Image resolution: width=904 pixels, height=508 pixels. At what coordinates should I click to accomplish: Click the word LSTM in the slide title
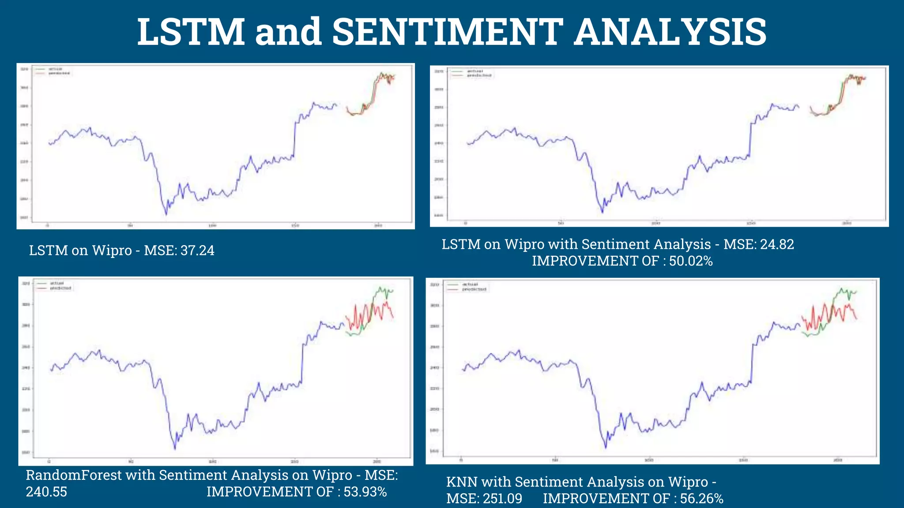click(x=191, y=32)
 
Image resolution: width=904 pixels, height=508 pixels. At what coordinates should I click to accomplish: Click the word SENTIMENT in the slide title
click(x=447, y=32)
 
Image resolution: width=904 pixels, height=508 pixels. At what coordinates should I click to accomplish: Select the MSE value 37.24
click(x=197, y=250)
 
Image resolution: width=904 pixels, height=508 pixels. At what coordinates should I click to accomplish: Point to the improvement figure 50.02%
click(x=691, y=261)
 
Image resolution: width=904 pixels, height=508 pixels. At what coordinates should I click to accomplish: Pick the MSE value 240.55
click(x=46, y=492)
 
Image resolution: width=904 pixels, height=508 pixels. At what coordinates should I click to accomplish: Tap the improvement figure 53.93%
click(x=365, y=492)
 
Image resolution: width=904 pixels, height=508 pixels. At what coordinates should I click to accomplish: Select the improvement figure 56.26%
click(x=701, y=499)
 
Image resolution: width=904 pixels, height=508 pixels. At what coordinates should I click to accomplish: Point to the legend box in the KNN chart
click(x=467, y=287)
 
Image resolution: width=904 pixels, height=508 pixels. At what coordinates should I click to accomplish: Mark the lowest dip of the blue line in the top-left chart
click(x=166, y=215)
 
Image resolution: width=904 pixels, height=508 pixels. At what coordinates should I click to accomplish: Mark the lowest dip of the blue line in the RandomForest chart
click(x=175, y=449)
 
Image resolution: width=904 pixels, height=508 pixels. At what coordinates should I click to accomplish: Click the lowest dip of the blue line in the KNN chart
click(x=606, y=448)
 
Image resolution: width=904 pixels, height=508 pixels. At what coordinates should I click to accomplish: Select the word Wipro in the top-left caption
click(x=112, y=250)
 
